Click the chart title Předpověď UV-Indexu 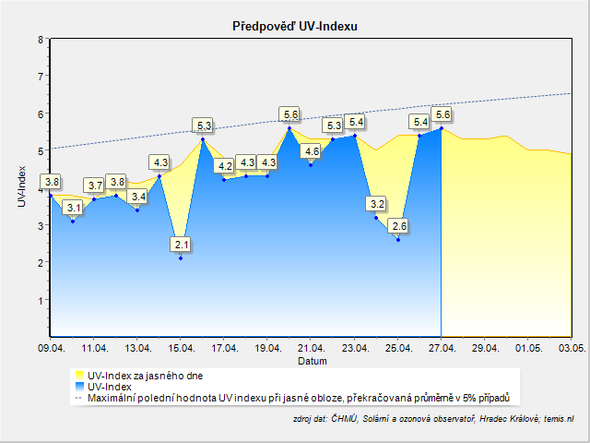point(294,27)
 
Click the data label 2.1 point(181,245)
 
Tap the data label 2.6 point(398,226)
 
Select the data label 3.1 point(73,209)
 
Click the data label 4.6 point(312,151)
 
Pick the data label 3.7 point(94,186)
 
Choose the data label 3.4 point(138,197)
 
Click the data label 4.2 point(225,167)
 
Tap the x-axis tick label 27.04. point(442,349)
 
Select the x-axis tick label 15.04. point(181,349)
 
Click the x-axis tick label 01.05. point(529,349)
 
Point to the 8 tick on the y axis point(41,40)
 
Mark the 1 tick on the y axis point(41,300)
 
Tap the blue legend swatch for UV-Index point(78,388)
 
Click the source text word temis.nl point(557,419)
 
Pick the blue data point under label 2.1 point(181,258)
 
